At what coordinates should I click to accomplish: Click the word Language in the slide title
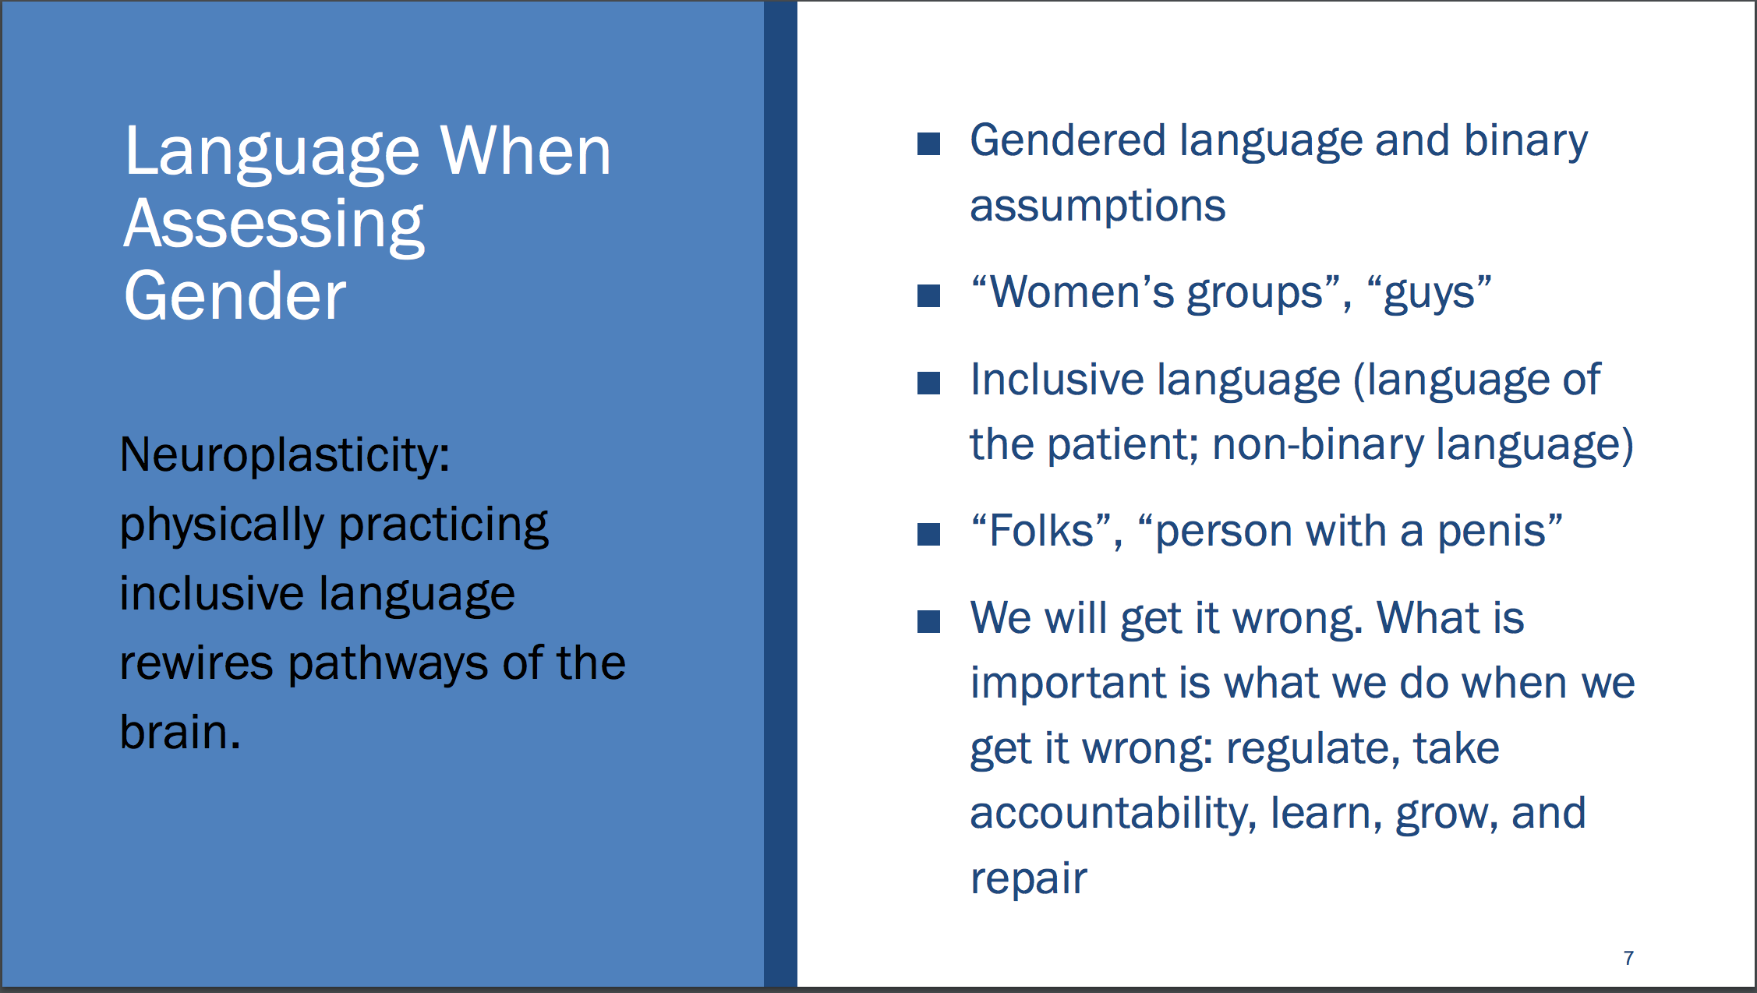pos(272,152)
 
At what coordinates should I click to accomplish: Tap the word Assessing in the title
pos(274,225)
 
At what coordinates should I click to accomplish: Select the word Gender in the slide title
pos(235,295)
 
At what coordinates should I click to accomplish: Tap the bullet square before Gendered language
pos(928,143)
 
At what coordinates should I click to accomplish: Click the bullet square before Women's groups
pos(928,295)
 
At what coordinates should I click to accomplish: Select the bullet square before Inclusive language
pos(928,383)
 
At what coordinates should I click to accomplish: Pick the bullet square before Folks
pos(928,534)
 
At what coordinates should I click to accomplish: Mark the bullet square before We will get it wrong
pos(928,621)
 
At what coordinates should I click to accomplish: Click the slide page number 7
pos(1628,958)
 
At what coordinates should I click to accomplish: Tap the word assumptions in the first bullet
pos(1098,207)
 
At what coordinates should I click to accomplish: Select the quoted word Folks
pos(1041,531)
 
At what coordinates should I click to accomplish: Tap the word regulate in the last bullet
pos(1307,749)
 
